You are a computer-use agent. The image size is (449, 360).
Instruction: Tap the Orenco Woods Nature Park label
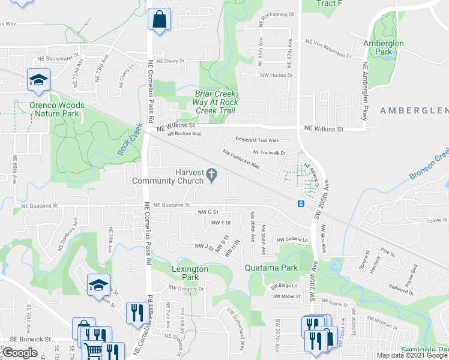pyautogui.click(x=57, y=109)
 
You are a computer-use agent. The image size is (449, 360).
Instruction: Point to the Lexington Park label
pyautogui.click(x=190, y=274)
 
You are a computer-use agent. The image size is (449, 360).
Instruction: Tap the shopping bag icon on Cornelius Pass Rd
pyautogui.click(x=160, y=19)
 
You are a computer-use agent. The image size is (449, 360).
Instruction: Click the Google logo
pyautogui.click(x=20, y=353)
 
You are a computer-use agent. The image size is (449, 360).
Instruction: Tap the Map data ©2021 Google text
pyautogui.click(x=412, y=355)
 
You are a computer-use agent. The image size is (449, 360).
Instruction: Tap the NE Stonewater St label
pyautogui.click(x=58, y=59)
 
